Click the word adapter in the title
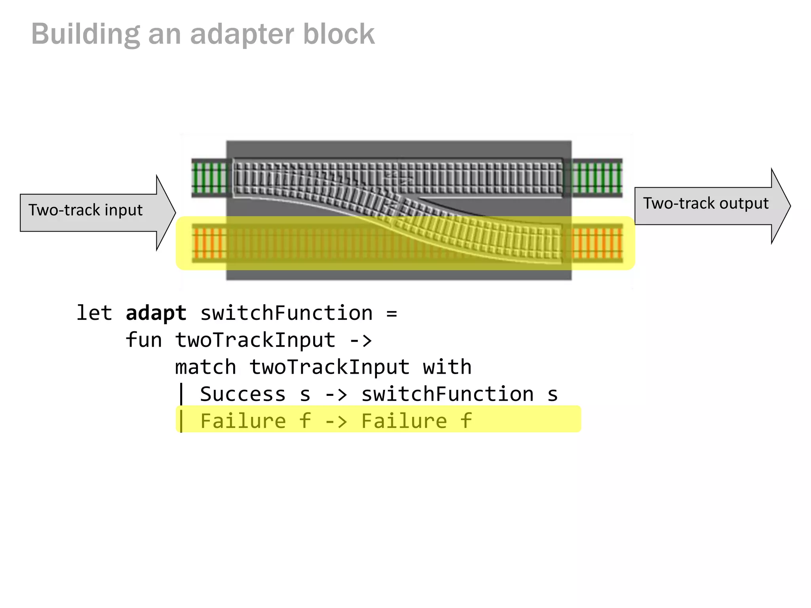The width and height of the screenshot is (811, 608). (242, 34)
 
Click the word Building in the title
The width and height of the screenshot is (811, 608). (86, 34)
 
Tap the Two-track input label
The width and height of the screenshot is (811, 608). (86, 210)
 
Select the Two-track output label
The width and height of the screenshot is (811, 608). (706, 203)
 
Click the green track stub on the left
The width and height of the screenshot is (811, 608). (209, 178)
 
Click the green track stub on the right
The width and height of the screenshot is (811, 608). (597, 178)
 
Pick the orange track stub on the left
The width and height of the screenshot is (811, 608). (209, 243)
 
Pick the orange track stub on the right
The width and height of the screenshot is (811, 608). (597, 243)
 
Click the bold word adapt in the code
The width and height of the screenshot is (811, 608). (156, 313)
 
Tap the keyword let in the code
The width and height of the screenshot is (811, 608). (94, 313)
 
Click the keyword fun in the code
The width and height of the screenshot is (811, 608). (144, 340)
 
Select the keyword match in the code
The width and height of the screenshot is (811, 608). (206, 367)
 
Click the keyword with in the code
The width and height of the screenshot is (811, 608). (447, 367)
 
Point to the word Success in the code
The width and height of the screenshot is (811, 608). (243, 394)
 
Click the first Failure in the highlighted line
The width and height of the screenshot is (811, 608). (243, 421)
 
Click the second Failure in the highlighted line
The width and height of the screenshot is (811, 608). (404, 421)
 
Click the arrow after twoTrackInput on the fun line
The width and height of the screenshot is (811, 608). (361, 340)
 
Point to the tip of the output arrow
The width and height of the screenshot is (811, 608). (789, 206)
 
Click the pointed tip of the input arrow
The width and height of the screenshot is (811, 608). (174, 213)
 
